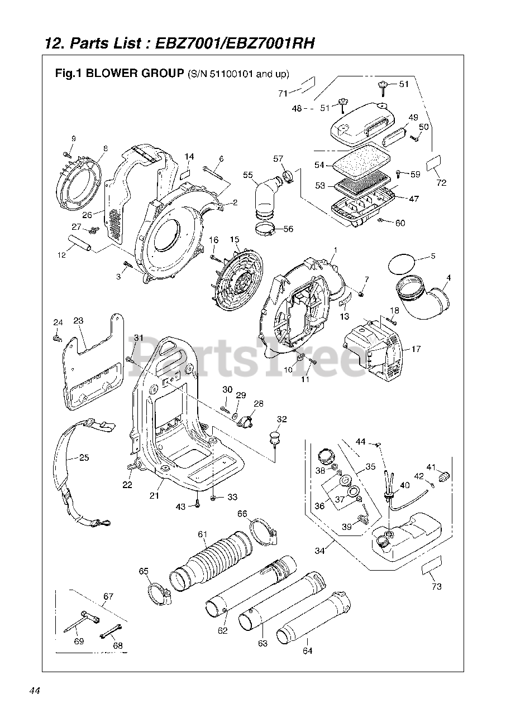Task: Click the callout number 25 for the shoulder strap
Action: (x=84, y=458)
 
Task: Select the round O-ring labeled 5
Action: (x=402, y=264)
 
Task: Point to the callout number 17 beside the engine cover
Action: (x=416, y=349)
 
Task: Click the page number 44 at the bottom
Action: (x=35, y=691)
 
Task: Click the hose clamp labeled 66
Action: (x=264, y=532)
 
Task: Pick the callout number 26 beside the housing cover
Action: (x=87, y=215)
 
